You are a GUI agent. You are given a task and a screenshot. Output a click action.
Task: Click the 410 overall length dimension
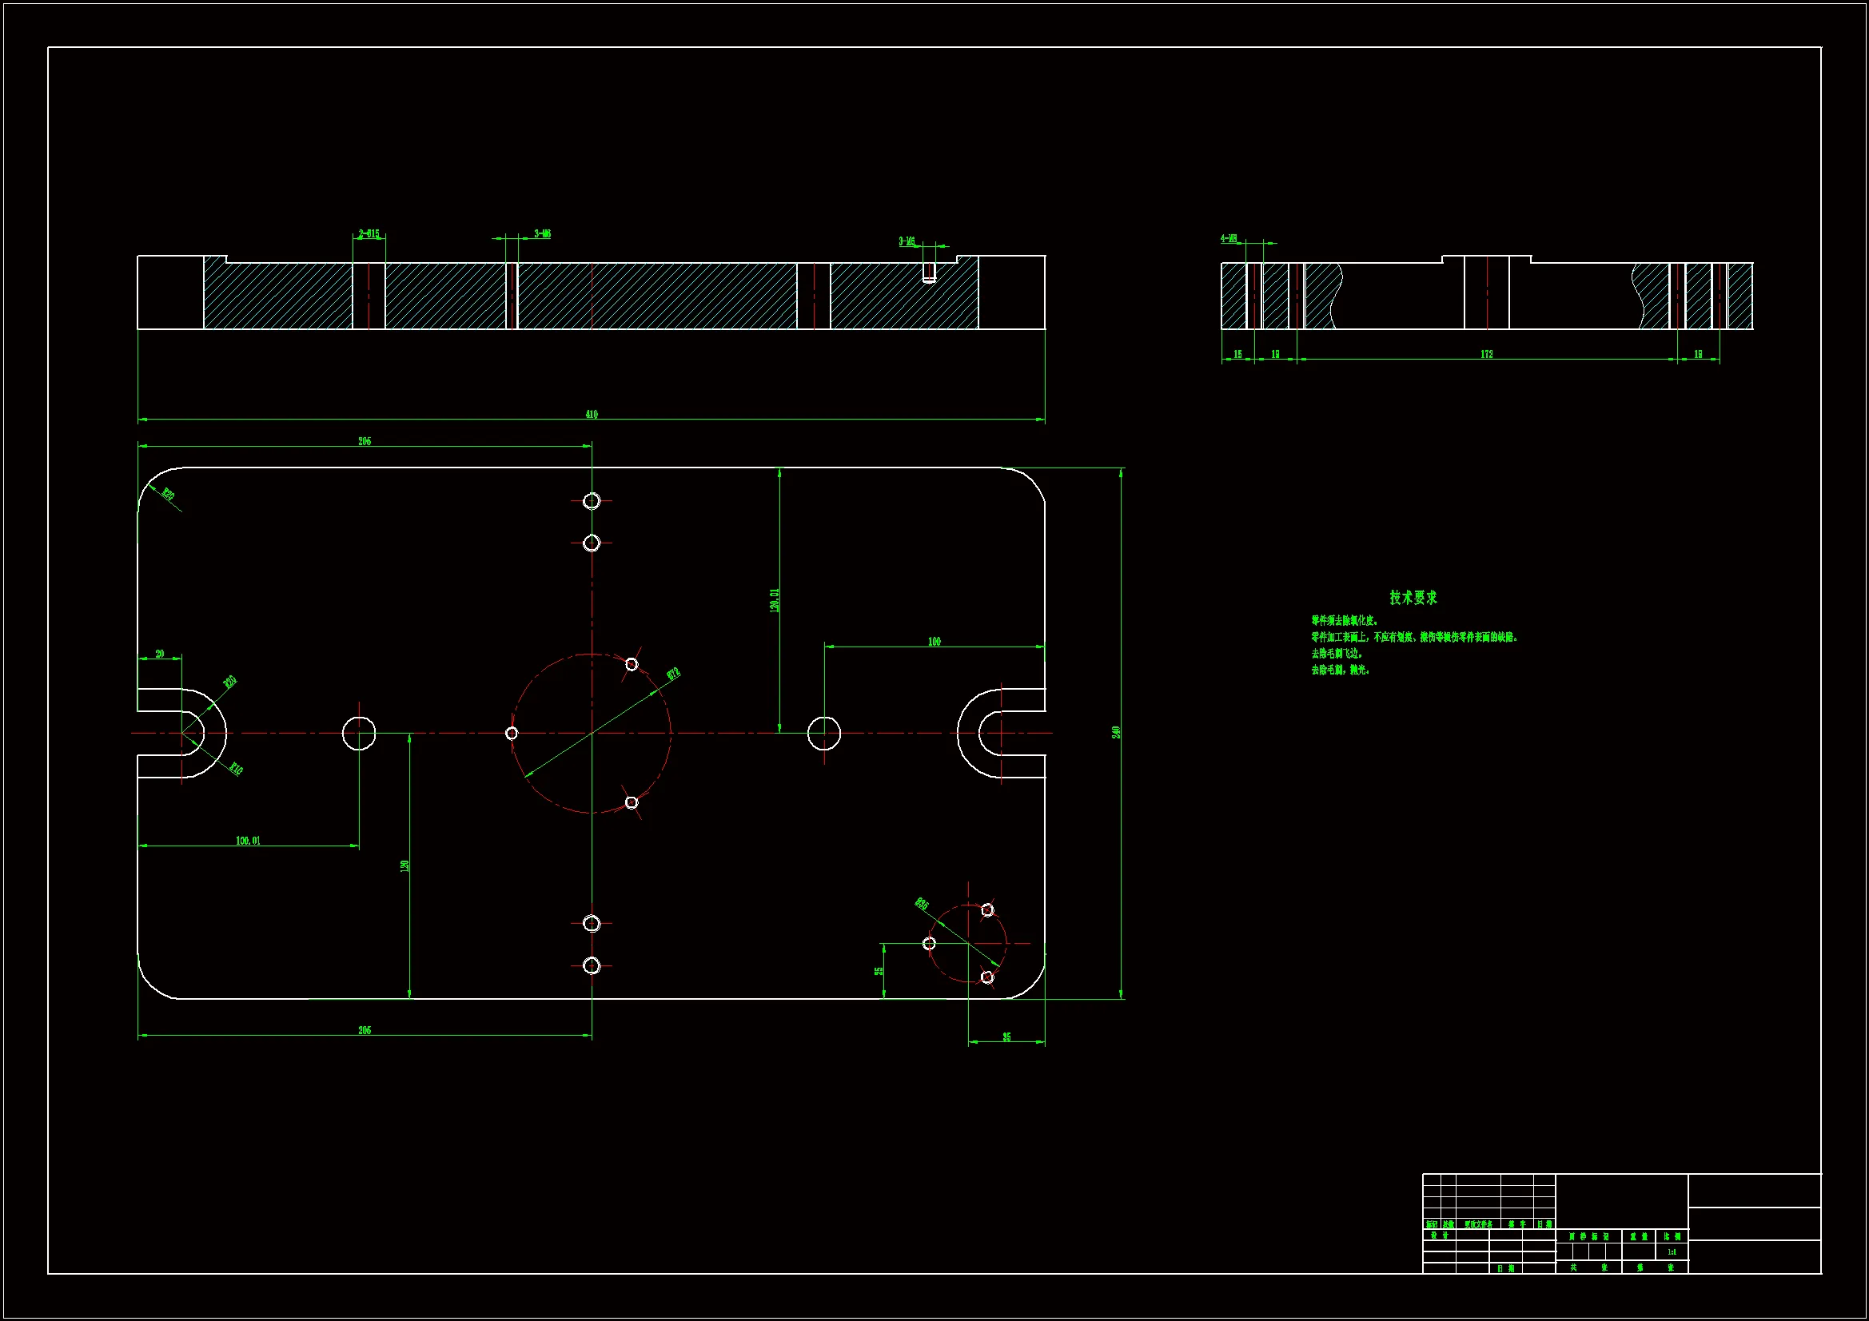[592, 414]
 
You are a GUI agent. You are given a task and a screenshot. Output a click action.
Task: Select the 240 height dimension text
[1116, 732]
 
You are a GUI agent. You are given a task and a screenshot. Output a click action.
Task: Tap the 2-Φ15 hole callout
[369, 234]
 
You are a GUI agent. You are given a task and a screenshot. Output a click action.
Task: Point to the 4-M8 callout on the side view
[1229, 238]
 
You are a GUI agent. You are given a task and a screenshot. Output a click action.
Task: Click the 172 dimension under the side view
[1486, 354]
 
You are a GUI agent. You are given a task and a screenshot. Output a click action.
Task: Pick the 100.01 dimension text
[249, 841]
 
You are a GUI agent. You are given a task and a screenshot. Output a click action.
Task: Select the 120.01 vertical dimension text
[774, 600]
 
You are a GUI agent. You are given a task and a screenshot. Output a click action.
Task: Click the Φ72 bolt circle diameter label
[673, 674]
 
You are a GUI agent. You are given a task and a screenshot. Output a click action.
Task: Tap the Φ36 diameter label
[922, 904]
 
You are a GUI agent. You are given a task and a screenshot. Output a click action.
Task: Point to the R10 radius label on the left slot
[235, 768]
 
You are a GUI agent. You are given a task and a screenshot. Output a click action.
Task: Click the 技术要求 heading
[1413, 598]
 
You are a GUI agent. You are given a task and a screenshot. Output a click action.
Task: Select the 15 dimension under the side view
[1237, 354]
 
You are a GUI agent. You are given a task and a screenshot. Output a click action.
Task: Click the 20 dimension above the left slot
[160, 654]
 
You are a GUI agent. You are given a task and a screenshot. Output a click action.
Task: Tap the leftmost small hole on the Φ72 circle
[511, 734]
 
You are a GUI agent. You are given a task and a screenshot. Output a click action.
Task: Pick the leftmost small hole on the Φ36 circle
[929, 943]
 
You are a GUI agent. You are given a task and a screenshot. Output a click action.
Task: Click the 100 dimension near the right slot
[934, 642]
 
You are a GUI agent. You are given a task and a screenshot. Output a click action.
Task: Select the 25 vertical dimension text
[879, 971]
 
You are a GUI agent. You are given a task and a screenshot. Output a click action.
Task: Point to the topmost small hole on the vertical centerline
[592, 500]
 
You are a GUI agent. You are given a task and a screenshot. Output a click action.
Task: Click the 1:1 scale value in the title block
[1672, 1251]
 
